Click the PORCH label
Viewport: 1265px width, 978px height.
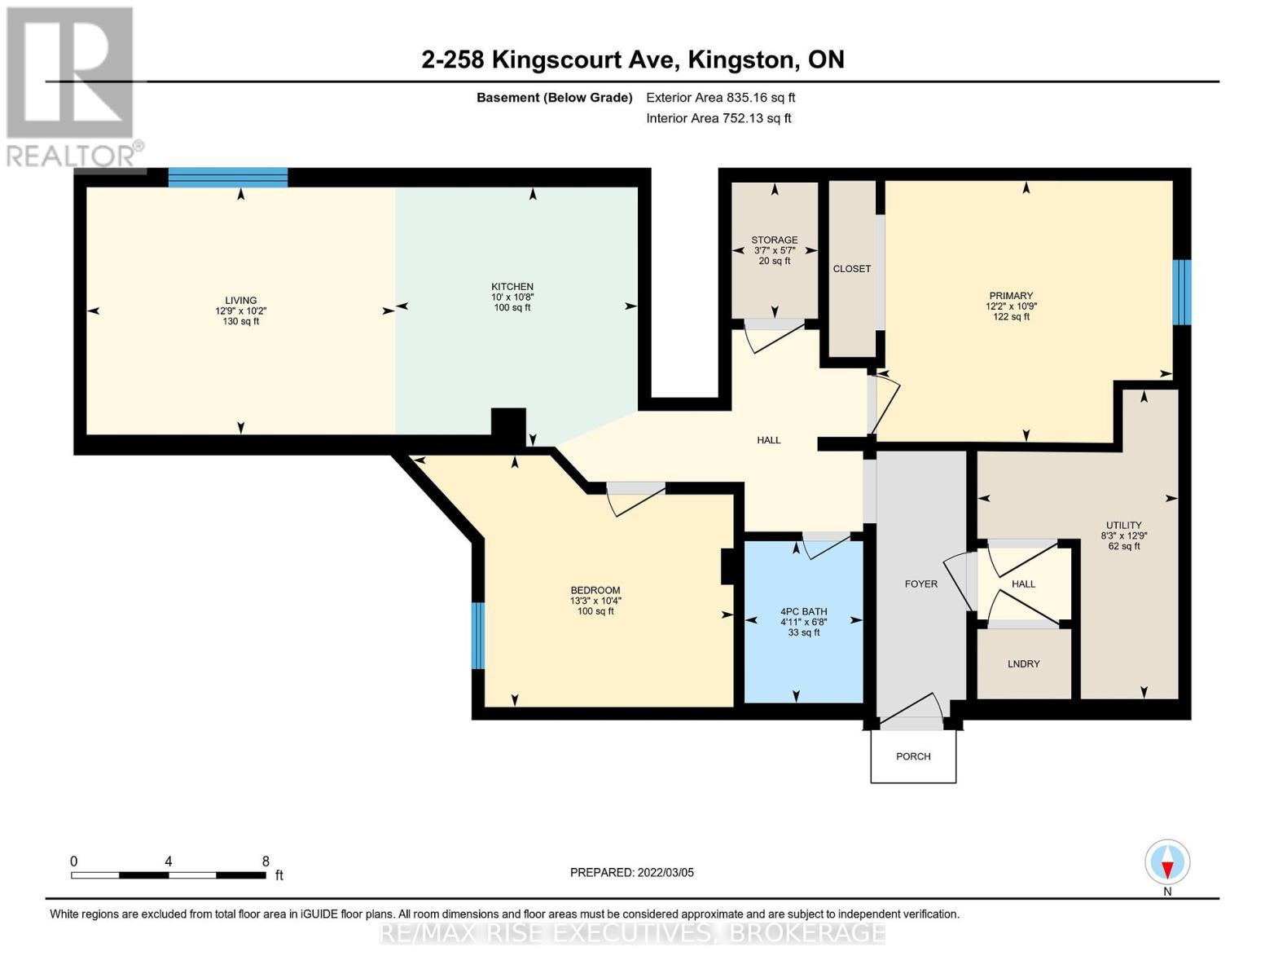913,756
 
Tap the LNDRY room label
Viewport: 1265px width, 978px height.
1023,663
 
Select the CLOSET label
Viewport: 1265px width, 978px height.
852,268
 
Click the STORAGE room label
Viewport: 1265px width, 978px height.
775,240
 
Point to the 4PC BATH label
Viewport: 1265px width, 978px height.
803,611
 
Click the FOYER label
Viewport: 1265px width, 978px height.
921,584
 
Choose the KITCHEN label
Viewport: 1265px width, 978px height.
512,286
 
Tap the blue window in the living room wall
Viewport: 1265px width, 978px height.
228,177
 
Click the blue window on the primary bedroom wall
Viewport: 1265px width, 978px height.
1182,292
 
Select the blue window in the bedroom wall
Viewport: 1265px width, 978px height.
477,636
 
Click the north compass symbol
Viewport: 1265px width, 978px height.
1167,862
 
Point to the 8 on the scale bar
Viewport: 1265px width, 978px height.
266,861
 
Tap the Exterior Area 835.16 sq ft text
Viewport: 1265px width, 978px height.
721,97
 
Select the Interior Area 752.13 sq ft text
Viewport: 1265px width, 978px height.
719,118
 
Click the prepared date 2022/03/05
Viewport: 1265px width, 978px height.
665,872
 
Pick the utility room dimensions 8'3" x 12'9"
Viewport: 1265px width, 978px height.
1123,535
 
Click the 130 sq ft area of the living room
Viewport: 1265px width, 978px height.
240,321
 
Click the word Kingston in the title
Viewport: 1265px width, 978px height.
742,59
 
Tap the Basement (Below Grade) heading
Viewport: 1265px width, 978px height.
554,97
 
